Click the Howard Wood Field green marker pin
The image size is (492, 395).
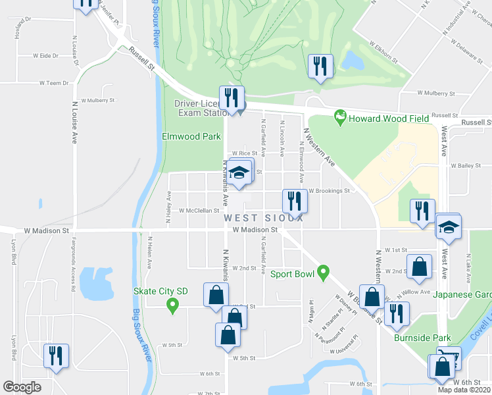(x=340, y=118)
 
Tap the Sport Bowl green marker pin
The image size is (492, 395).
(x=322, y=271)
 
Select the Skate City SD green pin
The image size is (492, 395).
(x=172, y=305)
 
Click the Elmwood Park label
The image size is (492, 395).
(x=182, y=137)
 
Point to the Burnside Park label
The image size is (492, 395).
(x=422, y=338)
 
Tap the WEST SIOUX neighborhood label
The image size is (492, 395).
(x=263, y=218)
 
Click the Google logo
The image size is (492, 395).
(x=22, y=387)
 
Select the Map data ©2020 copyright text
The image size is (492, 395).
(x=464, y=390)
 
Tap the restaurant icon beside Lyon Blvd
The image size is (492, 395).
(x=55, y=355)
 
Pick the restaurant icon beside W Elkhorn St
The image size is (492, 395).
(x=320, y=66)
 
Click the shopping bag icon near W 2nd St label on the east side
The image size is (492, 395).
(x=419, y=267)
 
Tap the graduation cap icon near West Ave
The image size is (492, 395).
(x=450, y=228)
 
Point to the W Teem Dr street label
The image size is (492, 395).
(x=54, y=84)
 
